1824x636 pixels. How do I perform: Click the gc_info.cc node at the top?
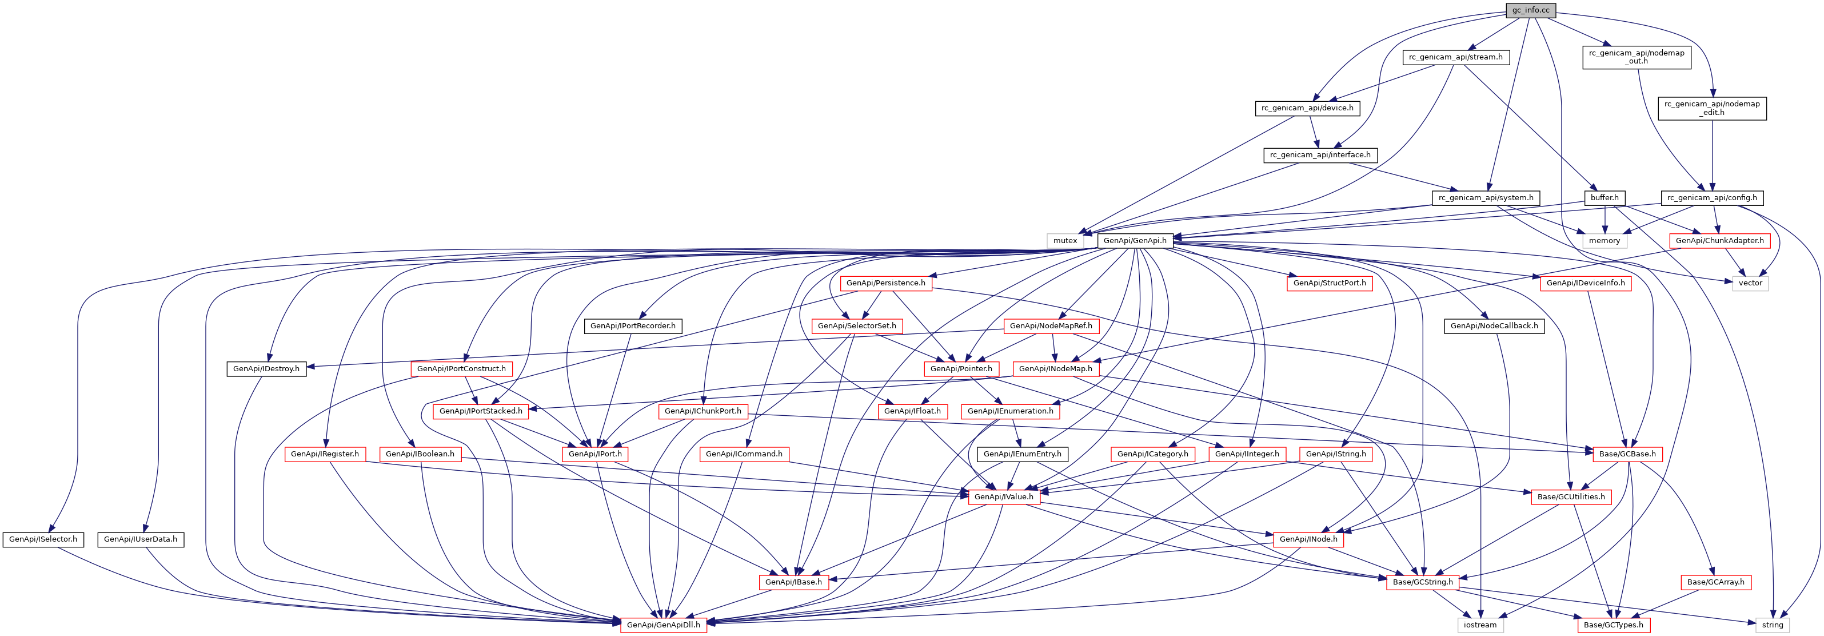tap(1530, 10)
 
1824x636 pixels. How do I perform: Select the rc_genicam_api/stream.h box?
tap(1455, 57)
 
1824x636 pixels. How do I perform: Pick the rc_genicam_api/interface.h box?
tap(1320, 155)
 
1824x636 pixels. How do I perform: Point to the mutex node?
tap(1065, 241)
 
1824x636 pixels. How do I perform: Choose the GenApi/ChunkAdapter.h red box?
tap(1719, 241)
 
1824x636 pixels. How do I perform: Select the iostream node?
tap(1480, 625)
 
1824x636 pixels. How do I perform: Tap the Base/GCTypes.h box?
tap(1613, 625)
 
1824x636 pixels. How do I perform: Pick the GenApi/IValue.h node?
tap(1003, 497)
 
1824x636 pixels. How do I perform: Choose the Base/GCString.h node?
tap(1423, 582)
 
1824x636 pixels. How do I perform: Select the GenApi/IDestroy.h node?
tap(266, 369)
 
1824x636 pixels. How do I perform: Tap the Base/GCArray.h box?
tap(1715, 582)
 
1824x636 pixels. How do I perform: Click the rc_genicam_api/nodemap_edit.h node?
tap(1711, 108)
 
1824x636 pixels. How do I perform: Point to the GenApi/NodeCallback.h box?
tap(1494, 326)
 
